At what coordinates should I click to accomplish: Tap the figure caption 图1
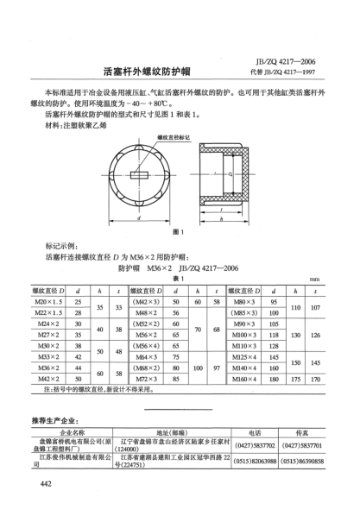coord(179,231)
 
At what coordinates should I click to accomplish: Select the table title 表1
coord(179,279)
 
